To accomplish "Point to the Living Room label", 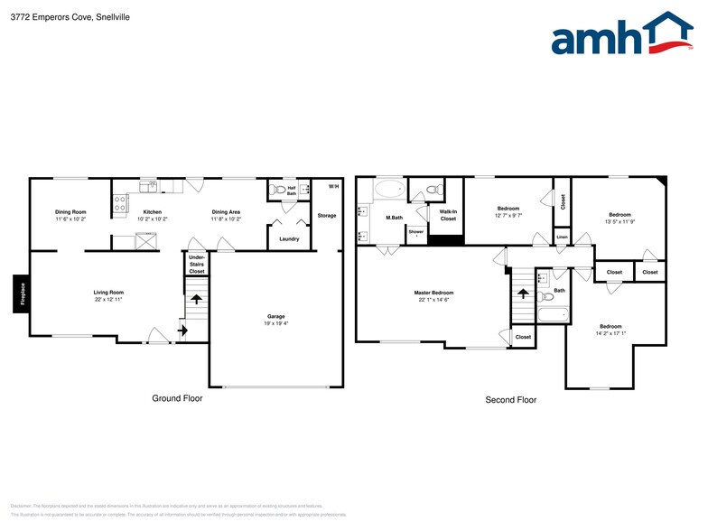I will [x=108, y=292].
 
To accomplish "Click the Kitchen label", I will [x=153, y=211].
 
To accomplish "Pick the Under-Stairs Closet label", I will [x=196, y=264].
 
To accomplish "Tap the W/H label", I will [x=333, y=186].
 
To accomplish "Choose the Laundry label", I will [x=289, y=238].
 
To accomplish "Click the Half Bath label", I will [x=292, y=191].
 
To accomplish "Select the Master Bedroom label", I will [x=434, y=293].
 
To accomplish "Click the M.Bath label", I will [x=394, y=218].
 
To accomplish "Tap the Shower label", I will [x=415, y=232].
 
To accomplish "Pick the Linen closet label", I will [x=562, y=237].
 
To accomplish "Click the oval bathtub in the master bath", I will [x=390, y=190].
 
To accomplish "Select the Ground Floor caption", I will [x=177, y=398].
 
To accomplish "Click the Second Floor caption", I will [x=511, y=399].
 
